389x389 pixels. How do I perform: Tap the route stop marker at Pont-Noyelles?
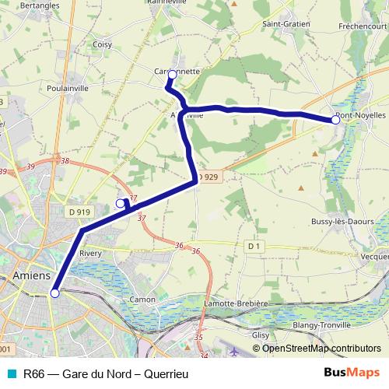pyautogui.click(x=336, y=120)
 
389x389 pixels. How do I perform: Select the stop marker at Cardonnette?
pyautogui.click(x=172, y=75)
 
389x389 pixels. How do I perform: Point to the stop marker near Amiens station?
pyautogui.click(x=54, y=293)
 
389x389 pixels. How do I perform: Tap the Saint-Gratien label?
pyautogui.click(x=286, y=24)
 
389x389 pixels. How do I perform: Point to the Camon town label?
pyautogui.click(x=142, y=299)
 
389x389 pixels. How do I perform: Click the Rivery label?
pyautogui.click(x=91, y=253)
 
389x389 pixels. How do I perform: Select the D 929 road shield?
pyautogui.click(x=209, y=178)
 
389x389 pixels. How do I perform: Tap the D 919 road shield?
pyautogui.click(x=79, y=211)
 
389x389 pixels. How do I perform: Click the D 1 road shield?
pyautogui.click(x=252, y=246)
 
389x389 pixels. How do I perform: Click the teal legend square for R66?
pyautogui.click(x=10, y=373)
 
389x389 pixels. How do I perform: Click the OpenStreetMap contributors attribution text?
pyautogui.click(x=321, y=349)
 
